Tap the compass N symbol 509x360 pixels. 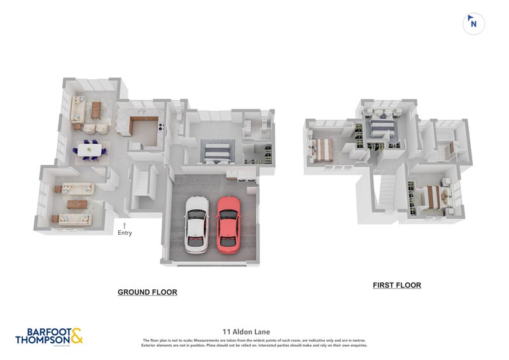pos(473,24)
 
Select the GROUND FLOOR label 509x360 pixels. pos(147,292)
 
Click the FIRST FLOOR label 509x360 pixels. pos(396,286)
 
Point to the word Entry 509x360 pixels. pos(125,233)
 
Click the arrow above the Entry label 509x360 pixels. pos(125,225)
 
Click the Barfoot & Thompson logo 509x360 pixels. pos(49,336)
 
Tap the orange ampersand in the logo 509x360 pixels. pos(75,335)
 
